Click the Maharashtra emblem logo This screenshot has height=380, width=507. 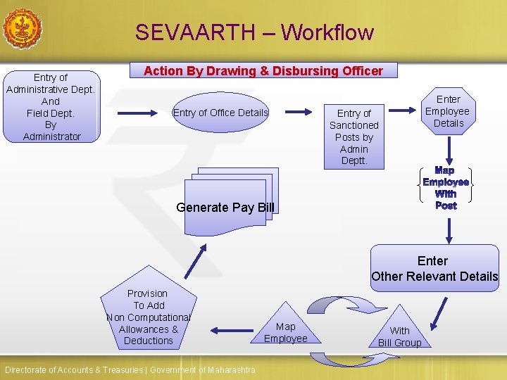tap(23, 29)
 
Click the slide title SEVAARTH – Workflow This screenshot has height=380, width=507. tap(254, 32)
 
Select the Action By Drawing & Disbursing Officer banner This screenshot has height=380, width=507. tap(263, 70)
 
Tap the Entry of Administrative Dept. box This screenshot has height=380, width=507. tap(51, 106)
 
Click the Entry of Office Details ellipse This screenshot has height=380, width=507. tap(220, 113)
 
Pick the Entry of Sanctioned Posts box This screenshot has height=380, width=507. tap(353, 137)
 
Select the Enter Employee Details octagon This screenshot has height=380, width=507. tap(448, 111)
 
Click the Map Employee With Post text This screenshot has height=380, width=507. tap(446, 188)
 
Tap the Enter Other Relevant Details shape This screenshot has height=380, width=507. tap(434, 268)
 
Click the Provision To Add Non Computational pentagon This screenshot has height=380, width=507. tap(148, 313)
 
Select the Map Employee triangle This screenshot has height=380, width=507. tap(285, 329)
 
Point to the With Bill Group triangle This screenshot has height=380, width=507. tap(399, 332)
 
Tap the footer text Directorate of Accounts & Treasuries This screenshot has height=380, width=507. tap(130, 370)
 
